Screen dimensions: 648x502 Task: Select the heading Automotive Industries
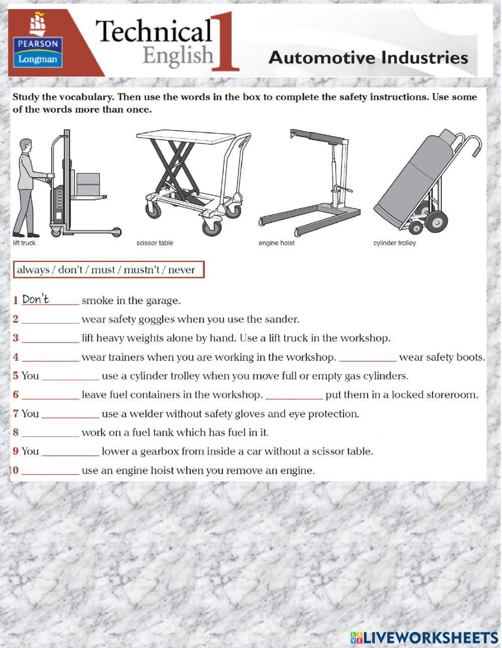point(368,58)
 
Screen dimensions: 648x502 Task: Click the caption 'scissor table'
point(155,243)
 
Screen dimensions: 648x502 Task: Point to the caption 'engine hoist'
point(277,243)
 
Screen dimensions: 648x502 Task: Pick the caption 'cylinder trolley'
point(395,243)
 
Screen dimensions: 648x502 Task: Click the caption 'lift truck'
point(24,243)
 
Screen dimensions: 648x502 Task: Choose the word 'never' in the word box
point(181,270)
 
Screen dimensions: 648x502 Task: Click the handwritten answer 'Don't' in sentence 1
point(36,300)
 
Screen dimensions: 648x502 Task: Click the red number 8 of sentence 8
point(16,432)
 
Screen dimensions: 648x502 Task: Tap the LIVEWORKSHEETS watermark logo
point(424,637)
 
